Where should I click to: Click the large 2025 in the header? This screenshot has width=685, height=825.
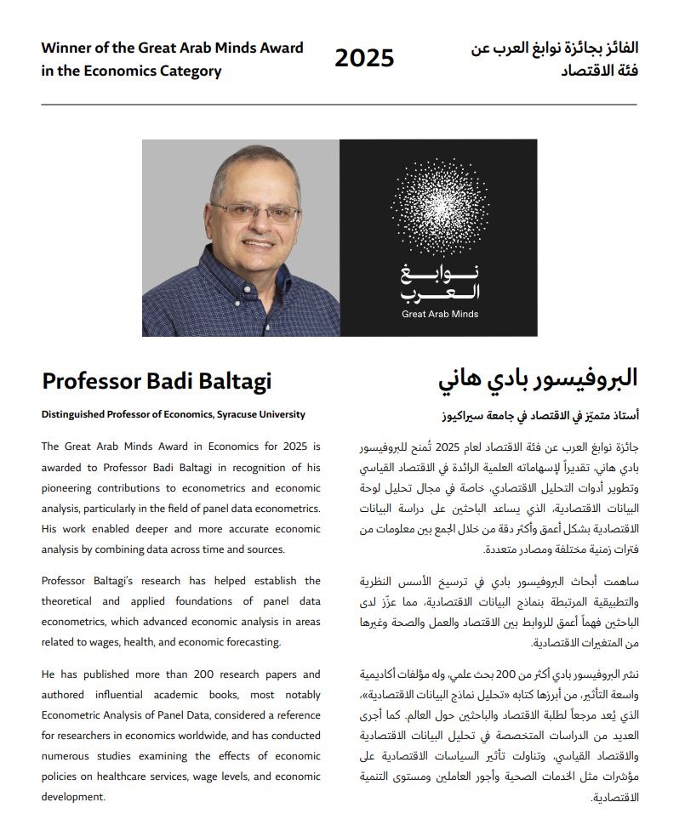pos(364,58)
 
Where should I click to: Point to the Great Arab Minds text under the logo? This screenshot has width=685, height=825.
pos(440,314)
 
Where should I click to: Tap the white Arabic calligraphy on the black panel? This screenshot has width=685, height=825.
pos(440,283)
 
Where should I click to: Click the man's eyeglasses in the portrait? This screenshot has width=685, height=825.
pos(256,213)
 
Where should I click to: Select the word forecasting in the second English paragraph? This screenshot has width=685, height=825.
pos(251,642)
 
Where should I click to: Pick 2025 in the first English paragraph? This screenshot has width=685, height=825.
pos(295,447)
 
